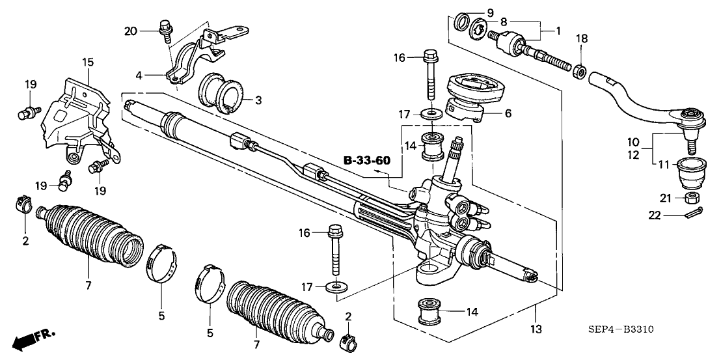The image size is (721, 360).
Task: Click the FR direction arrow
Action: [34, 339]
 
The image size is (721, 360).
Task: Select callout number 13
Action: [537, 329]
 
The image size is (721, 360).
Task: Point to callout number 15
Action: [88, 62]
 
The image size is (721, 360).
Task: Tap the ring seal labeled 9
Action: [463, 21]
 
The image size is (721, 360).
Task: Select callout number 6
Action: [508, 113]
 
